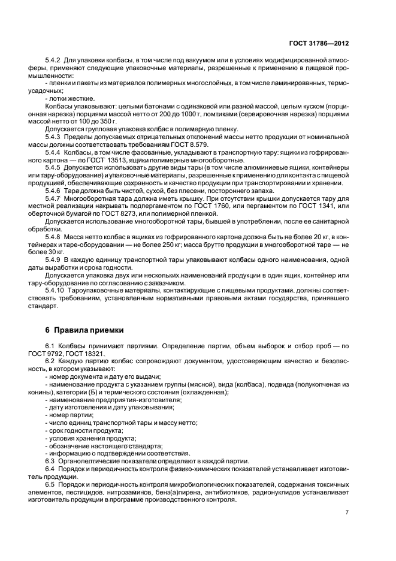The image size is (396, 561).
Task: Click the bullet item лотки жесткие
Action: click(x=72, y=98)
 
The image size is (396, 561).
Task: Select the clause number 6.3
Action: click(x=51, y=461)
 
